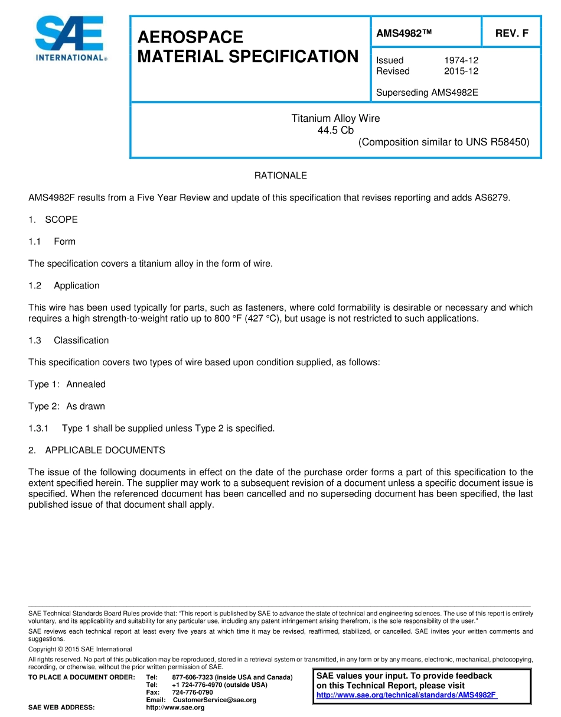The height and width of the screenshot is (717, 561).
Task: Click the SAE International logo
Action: click(70, 38)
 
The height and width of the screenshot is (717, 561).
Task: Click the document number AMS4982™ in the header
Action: click(404, 34)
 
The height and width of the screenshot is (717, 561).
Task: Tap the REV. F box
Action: click(511, 34)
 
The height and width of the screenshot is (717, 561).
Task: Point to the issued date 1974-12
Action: click(461, 60)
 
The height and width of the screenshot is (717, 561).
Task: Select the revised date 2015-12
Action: click(461, 71)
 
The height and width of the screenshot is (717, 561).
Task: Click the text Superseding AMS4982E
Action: click(427, 92)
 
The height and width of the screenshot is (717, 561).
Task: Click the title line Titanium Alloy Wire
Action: click(335, 118)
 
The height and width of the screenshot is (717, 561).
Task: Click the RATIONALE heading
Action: click(280, 176)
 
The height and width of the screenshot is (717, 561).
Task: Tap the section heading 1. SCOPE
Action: click(53, 219)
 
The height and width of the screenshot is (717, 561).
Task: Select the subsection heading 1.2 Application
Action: click(64, 285)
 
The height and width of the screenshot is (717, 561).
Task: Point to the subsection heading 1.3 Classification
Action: click(69, 340)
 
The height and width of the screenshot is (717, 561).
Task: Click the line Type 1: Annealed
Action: click(67, 384)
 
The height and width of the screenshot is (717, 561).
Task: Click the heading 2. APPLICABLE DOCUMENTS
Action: click(97, 450)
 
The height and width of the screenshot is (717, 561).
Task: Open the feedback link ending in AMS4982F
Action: click(406, 695)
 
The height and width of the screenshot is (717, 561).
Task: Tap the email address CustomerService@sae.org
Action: click(214, 700)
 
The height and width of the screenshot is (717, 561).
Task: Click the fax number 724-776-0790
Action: click(193, 692)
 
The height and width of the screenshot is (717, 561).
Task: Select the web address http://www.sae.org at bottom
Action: click(175, 708)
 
